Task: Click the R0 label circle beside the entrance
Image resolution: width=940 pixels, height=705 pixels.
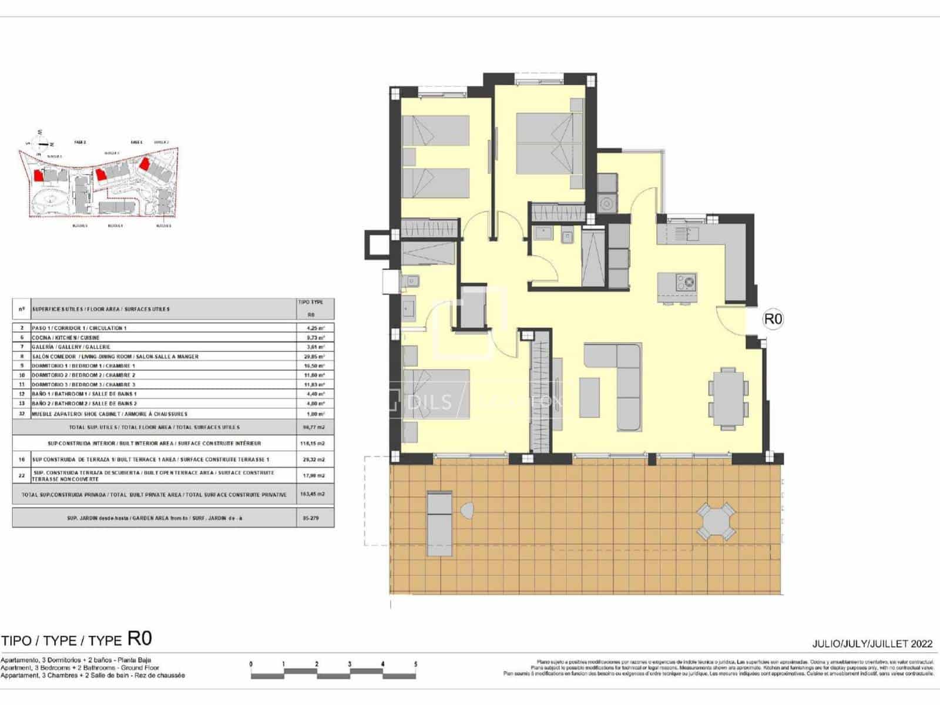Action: (x=773, y=319)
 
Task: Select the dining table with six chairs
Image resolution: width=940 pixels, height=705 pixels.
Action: (x=728, y=398)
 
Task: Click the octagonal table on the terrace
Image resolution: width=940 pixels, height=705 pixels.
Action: (x=716, y=521)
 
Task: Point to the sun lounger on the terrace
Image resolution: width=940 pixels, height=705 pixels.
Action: (x=439, y=520)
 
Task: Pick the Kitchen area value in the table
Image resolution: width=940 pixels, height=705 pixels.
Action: (x=315, y=337)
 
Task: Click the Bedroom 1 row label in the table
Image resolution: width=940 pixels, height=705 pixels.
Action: (x=83, y=365)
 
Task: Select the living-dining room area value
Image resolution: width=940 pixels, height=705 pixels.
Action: (x=315, y=356)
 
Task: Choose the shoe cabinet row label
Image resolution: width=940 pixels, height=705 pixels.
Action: (x=109, y=414)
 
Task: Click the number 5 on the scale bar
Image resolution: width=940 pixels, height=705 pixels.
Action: (x=416, y=664)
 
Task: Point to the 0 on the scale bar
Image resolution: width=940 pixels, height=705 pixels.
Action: (x=251, y=664)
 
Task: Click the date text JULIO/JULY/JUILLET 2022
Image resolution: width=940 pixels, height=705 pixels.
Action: (x=872, y=644)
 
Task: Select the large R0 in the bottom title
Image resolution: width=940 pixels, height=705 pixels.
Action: (x=140, y=639)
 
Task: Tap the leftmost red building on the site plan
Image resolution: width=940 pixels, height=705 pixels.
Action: (x=39, y=174)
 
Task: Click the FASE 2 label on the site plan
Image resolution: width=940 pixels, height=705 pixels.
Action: (x=80, y=142)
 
